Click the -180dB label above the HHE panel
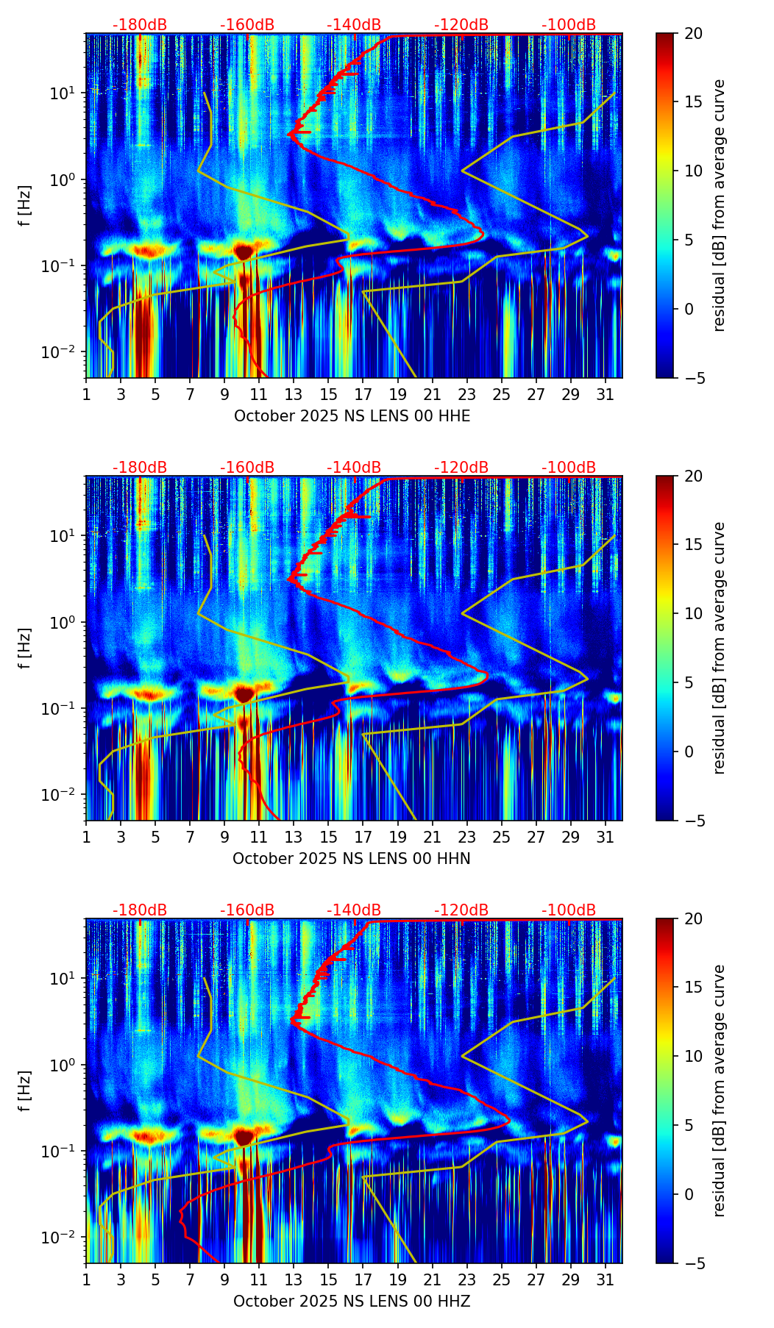click(x=140, y=25)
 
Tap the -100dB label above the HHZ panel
click(x=569, y=910)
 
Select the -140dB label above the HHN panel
click(x=354, y=468)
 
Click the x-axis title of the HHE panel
click(x=352, y=416)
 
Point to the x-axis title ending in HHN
click(x=352, y=859)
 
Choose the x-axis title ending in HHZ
click(x=352, y=1302)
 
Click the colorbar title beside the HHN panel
click(x=719, y=648)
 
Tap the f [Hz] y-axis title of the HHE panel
click(x=26, y=205)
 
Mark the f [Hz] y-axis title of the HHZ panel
click(x=26, y=1090)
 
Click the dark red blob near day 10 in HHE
click(x=244, y=251)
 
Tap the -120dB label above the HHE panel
click(x=461, y=25)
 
